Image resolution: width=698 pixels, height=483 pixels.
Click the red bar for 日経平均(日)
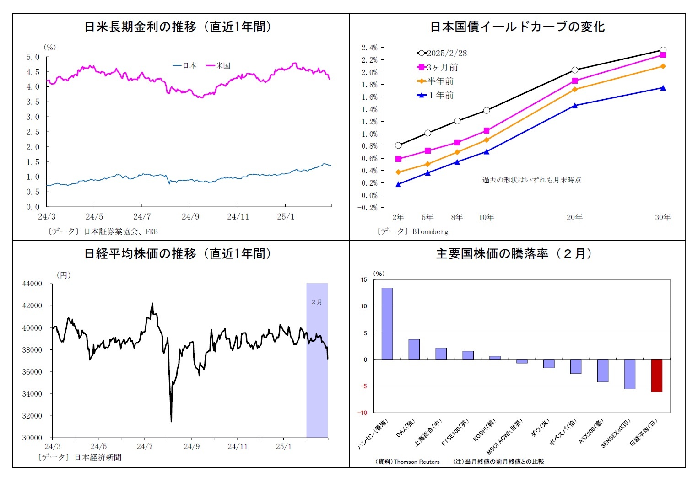click(x=656, y=376)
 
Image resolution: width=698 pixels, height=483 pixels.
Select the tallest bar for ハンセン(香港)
click(x=387, y=323)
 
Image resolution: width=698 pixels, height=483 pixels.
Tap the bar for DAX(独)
click(x=414, y=349)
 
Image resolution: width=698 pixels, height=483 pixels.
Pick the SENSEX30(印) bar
click(x=629, y=374)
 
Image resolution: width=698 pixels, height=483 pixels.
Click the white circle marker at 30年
click(x=663, y=50)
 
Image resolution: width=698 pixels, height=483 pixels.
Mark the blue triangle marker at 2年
click(x=398, y=184)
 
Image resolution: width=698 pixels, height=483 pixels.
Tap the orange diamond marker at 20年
click(x=575, y=90)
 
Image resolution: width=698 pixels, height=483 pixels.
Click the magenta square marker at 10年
click(x=487, y=131)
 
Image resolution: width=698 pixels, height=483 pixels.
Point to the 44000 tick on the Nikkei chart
click(x=32, y=284)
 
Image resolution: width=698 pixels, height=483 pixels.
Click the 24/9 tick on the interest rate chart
click(x=190, y=216)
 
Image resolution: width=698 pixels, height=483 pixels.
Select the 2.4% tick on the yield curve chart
click(x=369, y=48)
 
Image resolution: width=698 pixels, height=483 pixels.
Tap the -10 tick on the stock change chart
click(x=363, y=413)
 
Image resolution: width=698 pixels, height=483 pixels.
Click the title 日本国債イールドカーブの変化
click(x=517, y=27)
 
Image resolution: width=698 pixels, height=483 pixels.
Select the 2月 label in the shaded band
click(x=317, y=302)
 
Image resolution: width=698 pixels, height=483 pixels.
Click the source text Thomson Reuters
click(x=416, y=462)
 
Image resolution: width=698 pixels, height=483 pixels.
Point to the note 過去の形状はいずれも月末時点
click(x=532, y=180)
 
